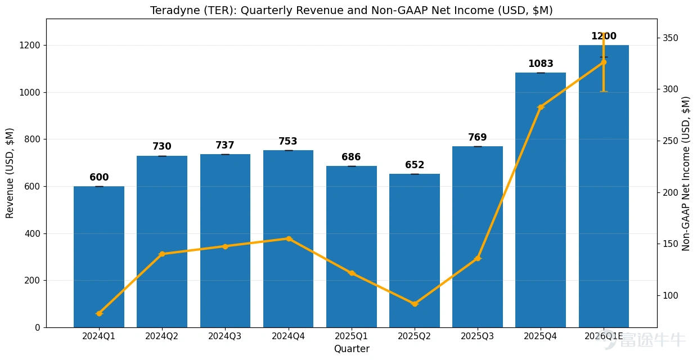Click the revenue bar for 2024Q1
[99, 256]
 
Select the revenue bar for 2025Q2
[415, 250]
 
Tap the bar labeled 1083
[541, 200]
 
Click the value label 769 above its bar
[477, 137]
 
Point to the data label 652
[415, 165]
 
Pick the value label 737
[225, 145]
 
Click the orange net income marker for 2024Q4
[289, 238]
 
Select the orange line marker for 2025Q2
[415, 304]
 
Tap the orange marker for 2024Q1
[99, 313]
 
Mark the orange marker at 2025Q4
[541, 107]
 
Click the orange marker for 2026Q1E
[604, 62]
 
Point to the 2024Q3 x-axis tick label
[224, 336]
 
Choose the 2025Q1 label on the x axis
[351, 336]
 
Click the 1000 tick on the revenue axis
[30, 92]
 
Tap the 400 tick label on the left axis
[33, 233]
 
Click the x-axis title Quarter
[352, 349]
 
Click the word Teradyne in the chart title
[176, 11]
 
